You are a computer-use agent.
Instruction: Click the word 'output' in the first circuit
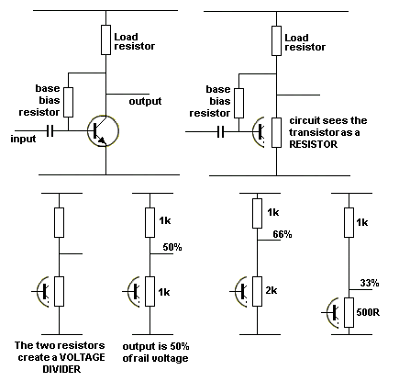(145, 101)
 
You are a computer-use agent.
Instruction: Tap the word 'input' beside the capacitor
(23, 139)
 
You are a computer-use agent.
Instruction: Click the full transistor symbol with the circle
(103, 131)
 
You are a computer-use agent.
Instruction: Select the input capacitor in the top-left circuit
(50, 131)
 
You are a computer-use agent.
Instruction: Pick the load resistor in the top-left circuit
(105, 39)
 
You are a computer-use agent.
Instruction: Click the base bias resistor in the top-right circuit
(238, 103)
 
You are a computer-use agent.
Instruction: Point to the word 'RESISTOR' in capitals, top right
(314, 144)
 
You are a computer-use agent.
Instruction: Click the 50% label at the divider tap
(172, 247)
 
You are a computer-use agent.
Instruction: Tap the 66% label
(283, 234)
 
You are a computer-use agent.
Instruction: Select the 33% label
(370, 283)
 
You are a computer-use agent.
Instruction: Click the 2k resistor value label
(271, 290)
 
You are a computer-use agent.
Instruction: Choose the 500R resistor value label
(368, 312)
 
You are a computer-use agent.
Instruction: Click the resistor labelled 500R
(349, 312)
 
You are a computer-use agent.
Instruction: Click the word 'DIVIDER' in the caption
(61, 369)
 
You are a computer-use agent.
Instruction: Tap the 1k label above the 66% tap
(273, 212)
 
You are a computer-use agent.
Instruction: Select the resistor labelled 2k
(257, 291)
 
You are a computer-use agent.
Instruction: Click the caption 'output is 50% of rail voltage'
(156, 353)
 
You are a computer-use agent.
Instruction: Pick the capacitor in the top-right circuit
(221, 132)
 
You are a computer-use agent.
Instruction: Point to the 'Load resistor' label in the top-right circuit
(305, 42)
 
